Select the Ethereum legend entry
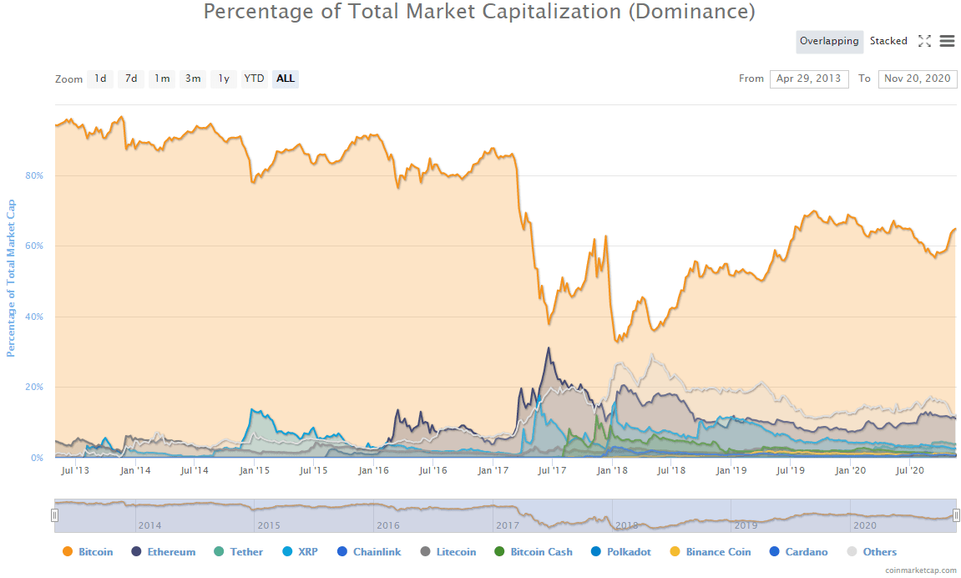click(164, 552)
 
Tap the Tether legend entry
click(238, 552)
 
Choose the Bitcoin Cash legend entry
click(533, 552)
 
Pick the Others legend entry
click(872, 552)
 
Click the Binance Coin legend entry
click(710, 552)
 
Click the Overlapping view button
click(828, 41)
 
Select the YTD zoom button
click(254, 79)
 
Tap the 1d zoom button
click(100, 79)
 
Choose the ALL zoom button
click(286, 79)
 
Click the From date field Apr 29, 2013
click(809, 79)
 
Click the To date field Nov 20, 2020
click(918, 79)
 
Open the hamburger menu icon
click(947, 41)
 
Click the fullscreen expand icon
click(924, 41)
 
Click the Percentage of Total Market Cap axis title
click(12, 278)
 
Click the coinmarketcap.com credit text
click(922, 570)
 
